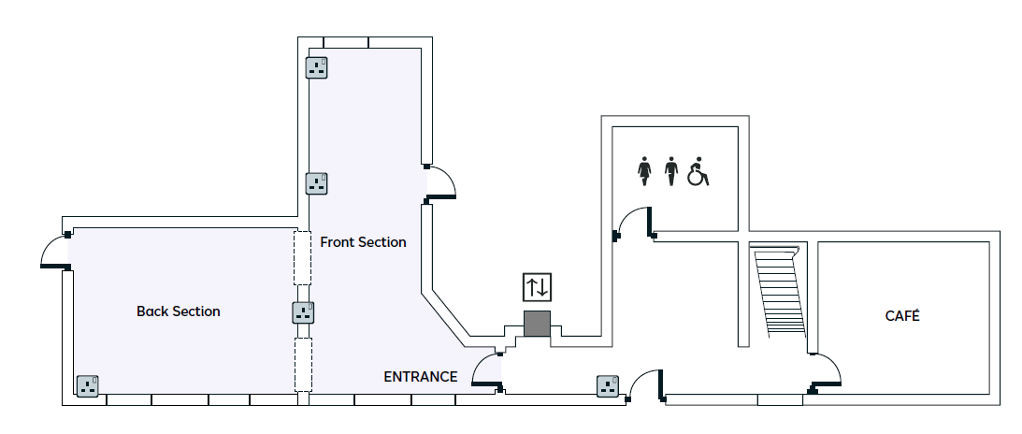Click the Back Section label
(x=178, y=311)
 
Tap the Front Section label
(x=363, y=242)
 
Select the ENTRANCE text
(x=421, y=377)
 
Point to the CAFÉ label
(x=902, y=316)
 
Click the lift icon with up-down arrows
(x=538, y=286)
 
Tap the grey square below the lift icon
(x=537, y=324)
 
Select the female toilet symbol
(x=643, y=172)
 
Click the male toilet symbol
(x=670, y=172)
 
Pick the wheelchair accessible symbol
(x=698, y=172)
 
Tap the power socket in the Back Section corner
(x=88, y=385)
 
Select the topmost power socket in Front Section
(x=317, y=67)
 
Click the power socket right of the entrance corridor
(x=609, y=385)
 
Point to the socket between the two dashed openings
(x=303, y=312)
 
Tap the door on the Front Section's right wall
(x=439, y=182)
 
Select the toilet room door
(x=634, y=224)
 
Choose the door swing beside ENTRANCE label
(x=488, y=370)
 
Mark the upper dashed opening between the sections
(x=302, y=257)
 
